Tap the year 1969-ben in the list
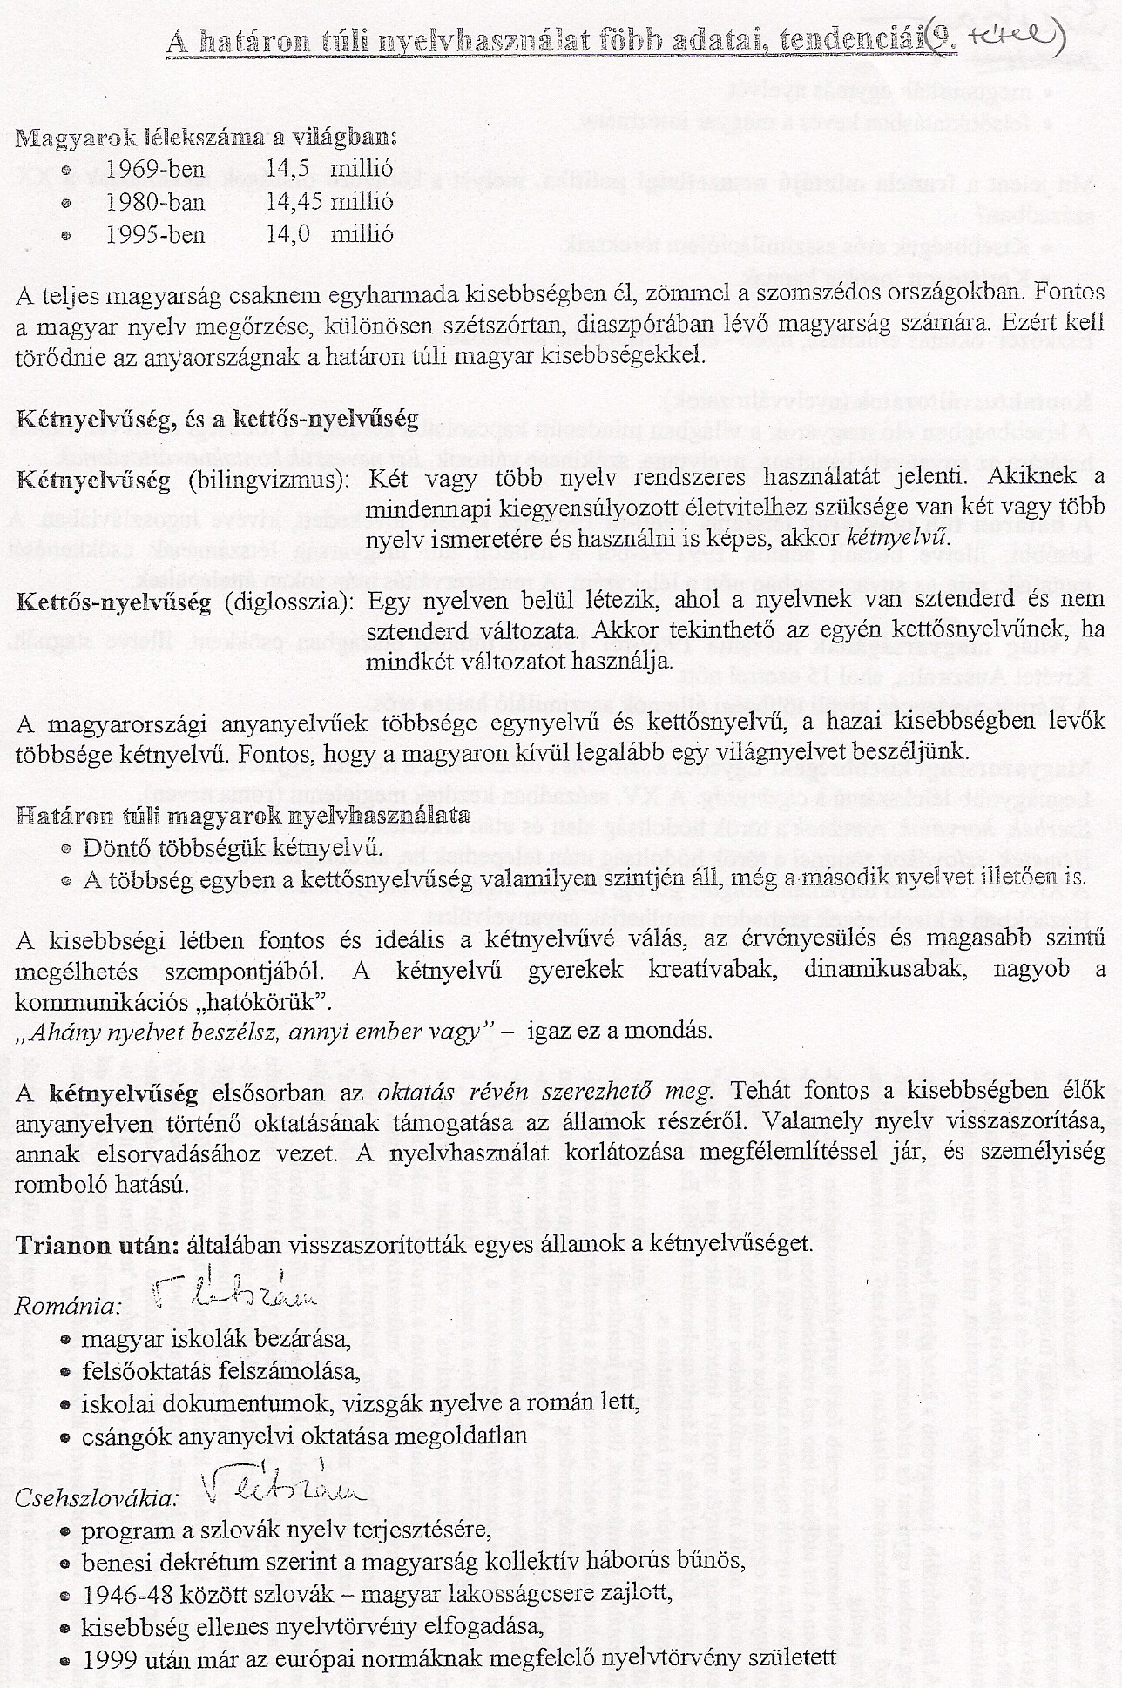[x=155, y=169]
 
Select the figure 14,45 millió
[x=330, y=202]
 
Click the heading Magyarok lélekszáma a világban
[x=206, y=138]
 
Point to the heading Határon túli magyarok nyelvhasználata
[x=244, y=816]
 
